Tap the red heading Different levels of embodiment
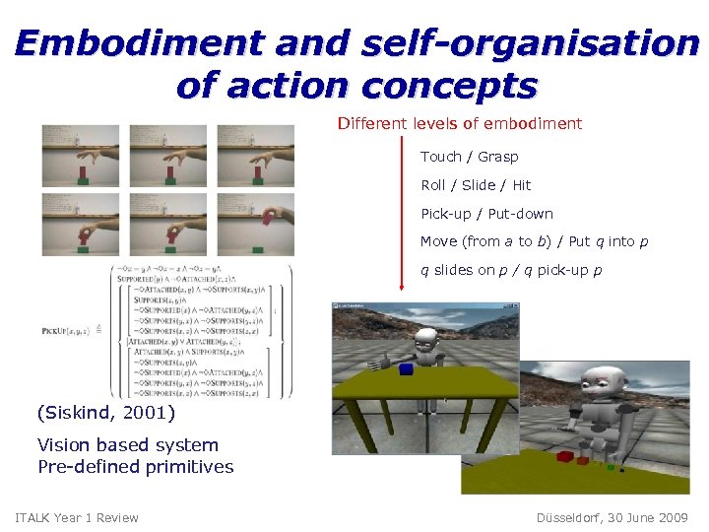[459, 124]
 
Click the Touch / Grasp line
[469, 157]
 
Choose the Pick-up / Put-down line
[486, 214]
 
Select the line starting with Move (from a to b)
[534, 241]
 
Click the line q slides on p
[525, 270]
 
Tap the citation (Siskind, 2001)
[105, 412]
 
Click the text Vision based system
[127, 445]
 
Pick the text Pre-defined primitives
[135, 466]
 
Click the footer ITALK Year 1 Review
[77, 518]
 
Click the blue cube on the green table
[406, 369]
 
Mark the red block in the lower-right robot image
[565, 456]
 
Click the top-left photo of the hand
[82, 155]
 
